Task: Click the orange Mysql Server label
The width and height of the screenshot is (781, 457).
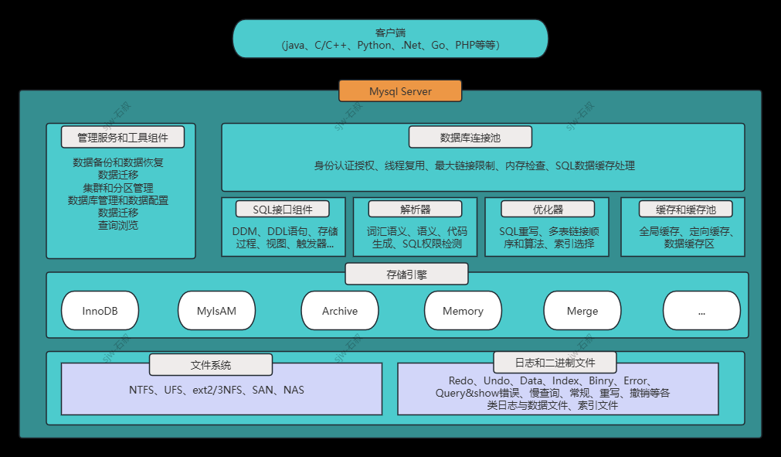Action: (x=400, y=91)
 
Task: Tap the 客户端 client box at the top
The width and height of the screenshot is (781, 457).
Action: (x=390, y=39)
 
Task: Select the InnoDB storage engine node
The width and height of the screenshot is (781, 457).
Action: (x=100, y=311)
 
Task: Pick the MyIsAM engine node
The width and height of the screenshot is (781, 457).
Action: (x=216, y=311)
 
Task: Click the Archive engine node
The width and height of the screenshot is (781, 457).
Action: (x=340, y=311)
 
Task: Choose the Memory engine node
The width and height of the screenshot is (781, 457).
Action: (x=463, y=311)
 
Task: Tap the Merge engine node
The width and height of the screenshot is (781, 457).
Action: (x=582, y=311)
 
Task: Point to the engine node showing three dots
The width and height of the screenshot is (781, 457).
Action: (x=701, y=311)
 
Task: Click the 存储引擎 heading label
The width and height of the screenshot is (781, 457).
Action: (x=406, y=275)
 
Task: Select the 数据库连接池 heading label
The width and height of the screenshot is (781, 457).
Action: (x=470, y=138)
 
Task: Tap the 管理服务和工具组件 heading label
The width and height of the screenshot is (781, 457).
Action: (x=123, y=138)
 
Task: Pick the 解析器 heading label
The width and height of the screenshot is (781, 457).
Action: (x=415, y=209)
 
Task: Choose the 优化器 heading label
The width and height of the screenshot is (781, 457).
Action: (x=548, y=209)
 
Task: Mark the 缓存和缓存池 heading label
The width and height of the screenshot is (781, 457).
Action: (x=685, y=209)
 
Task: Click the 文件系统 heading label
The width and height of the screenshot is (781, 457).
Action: (x=211, y=365)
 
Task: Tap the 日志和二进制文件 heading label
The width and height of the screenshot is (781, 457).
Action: (x=555, y=362)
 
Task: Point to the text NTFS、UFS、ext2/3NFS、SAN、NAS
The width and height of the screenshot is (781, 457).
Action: (x=216, y=390)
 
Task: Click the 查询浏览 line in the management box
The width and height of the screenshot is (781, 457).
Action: (x=118, y=225)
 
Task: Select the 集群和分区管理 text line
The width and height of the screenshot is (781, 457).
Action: (x=118, y=187)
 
